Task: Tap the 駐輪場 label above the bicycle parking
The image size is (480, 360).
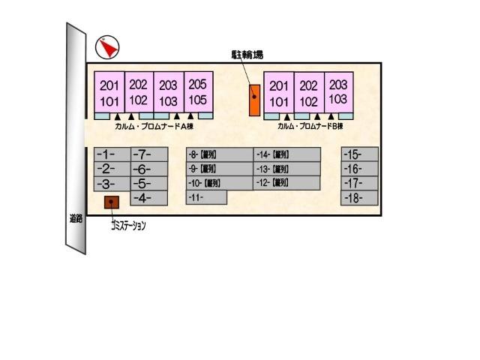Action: pos(247,55)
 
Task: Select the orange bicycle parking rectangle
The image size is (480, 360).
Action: pos(254,99)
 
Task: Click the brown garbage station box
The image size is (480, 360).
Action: pos(112,202)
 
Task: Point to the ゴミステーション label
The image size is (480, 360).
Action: pos(127,224)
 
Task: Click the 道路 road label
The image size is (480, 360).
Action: pos(74,220)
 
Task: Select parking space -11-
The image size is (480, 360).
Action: pos(205,197)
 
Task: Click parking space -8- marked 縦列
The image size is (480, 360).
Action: pos(219,154)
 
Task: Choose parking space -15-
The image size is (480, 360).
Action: pos(358,154)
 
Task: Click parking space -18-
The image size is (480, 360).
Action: pos(358,198)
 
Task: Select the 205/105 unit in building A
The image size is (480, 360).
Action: pos(197,92)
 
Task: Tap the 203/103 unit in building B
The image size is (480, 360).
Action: pos(338,92)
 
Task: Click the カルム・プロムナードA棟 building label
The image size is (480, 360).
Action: pos(154,127)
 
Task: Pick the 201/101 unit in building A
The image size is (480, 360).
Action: pos(109,92)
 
